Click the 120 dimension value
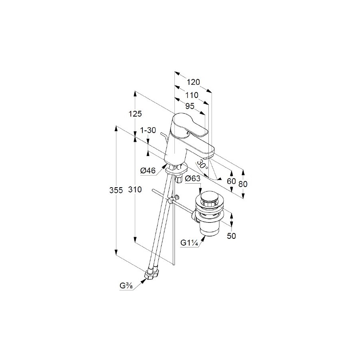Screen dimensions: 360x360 click(193, 82)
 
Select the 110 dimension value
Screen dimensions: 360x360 click(192, 95)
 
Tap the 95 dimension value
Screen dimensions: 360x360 click(190, 106)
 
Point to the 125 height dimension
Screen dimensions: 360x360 click(135, 114)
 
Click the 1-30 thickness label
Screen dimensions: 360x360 click(148, 130)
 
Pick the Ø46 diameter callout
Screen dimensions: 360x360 click(148, 170)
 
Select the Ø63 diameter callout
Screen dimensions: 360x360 click(193, 178)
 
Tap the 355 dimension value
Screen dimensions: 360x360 click(116, 190)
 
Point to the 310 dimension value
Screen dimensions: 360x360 click(135, 190)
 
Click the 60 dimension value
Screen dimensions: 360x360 click(231, 181)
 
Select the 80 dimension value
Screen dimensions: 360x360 click(243, 184)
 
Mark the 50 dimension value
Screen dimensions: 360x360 click(231, 236)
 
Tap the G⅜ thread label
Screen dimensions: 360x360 click(126, 286)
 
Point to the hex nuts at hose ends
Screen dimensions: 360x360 click(151, 274)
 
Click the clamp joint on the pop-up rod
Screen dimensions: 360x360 click(173, 199)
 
